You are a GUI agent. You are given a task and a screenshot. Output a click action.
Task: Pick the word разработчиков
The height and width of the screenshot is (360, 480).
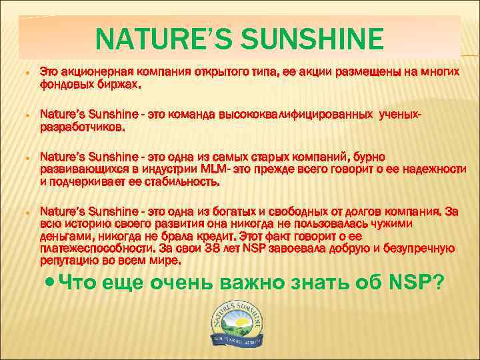coord(81,128)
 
